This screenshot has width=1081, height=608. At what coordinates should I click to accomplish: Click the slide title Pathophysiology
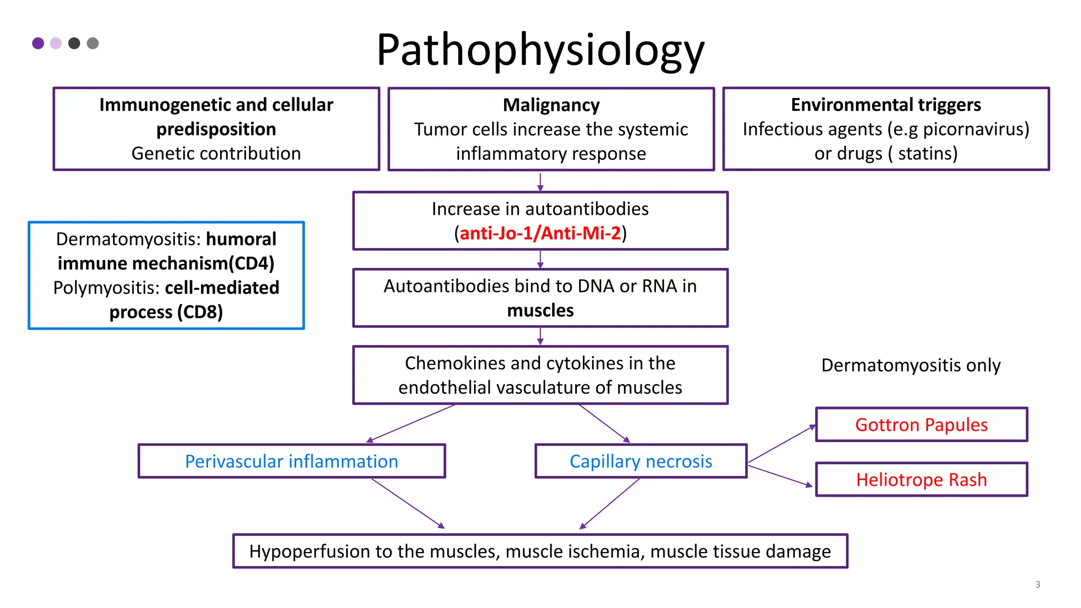[x=540, y=50]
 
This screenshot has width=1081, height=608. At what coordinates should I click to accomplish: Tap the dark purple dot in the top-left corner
[x=38, y=43]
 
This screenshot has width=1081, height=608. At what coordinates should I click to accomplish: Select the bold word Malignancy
[x=551, y=105]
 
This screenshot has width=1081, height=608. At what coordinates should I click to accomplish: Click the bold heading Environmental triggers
[x=886, y=104]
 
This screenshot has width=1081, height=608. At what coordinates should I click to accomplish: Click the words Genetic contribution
[x=216, y=154]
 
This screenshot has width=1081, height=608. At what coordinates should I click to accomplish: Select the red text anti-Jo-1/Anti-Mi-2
[x=540, y=233]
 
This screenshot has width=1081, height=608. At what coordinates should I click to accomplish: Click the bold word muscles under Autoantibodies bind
[x=540, y=310]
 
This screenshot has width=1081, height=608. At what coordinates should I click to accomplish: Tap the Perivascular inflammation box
[x=291, y=461]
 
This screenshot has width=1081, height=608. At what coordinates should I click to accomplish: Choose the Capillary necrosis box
[x=641, y=461]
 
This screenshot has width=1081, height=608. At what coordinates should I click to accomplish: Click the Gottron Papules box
[x=921, y=425]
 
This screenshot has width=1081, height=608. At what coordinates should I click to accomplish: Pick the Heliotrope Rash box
[x=921, y=480]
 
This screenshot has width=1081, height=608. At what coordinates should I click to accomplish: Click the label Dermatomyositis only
[x=911, y=365]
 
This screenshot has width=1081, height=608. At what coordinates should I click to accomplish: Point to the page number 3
[x=1037, y=584]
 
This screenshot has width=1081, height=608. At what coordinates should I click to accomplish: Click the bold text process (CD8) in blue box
[x=166, y=312]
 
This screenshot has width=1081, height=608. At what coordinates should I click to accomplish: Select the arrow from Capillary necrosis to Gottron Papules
[x=782, y=444]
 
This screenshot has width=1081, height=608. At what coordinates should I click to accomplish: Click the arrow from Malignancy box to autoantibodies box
[x=540, y=182]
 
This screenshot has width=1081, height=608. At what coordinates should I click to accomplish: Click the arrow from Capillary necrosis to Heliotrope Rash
[x=780, y=474]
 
